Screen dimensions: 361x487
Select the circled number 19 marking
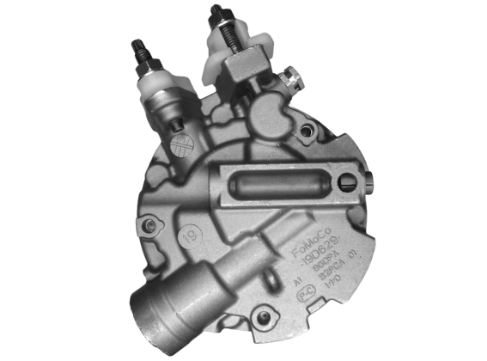(x=190, y=231)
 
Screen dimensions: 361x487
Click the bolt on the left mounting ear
(x=154, y=225)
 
